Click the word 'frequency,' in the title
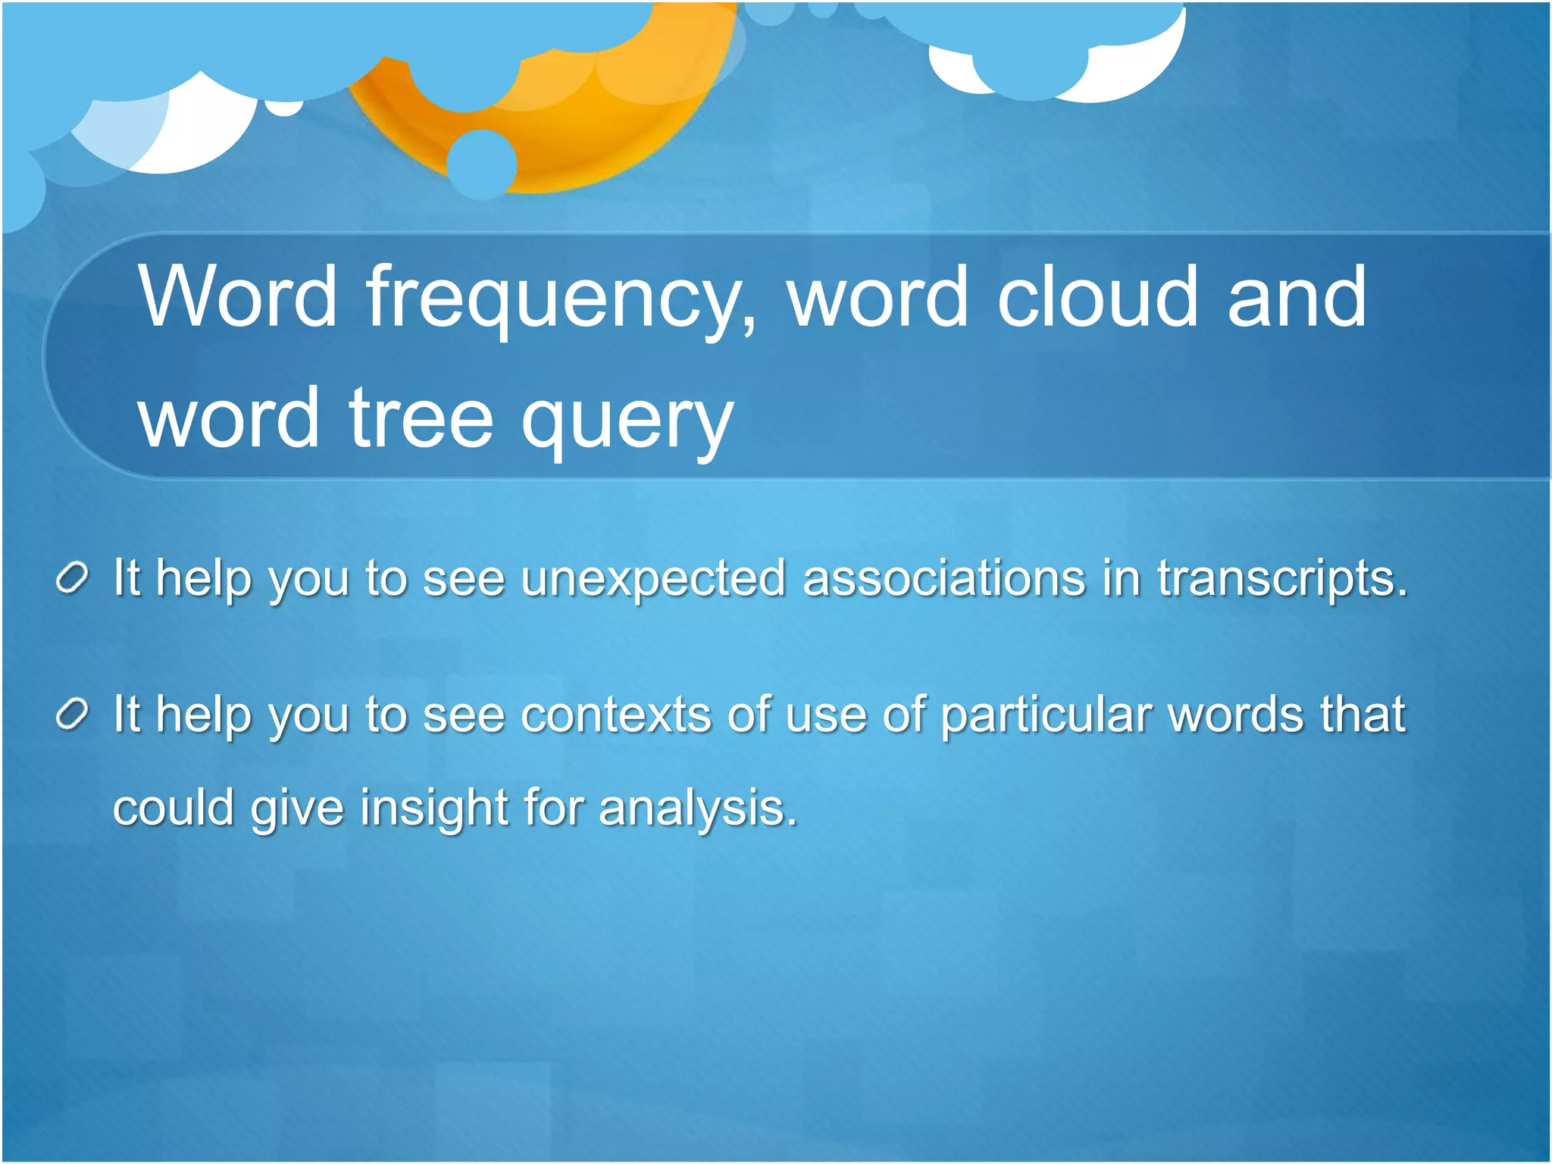[x=561, y=299]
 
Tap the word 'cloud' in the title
[x=1097, y=297]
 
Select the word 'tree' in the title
[x=421, y=418]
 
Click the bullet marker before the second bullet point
[x=73, y=715]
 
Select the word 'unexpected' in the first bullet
[x=653, y=579]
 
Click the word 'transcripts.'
[x=1281, y=580]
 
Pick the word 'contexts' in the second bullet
[x=616, y=715]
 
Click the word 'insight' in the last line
[x=433, y=808]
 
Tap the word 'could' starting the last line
[x=174, y=808]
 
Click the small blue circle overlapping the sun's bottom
[x=482, y=164]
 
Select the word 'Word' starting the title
[x=236, y=297]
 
